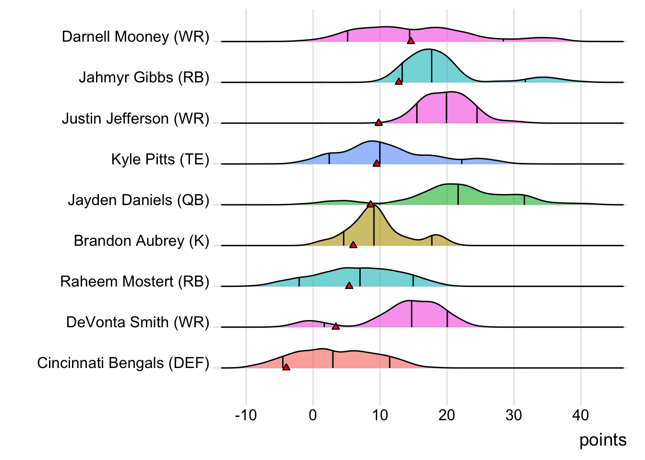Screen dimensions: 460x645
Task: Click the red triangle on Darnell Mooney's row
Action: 411,41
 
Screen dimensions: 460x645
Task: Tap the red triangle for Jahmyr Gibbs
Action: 399,82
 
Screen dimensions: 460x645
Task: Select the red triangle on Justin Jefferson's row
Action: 379,123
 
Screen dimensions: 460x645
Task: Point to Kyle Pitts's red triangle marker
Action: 377,163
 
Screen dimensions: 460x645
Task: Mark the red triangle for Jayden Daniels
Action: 370,204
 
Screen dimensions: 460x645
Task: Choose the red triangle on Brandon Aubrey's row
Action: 353,245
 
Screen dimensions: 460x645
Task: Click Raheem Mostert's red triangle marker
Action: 349,286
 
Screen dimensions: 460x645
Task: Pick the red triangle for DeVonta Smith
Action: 336,326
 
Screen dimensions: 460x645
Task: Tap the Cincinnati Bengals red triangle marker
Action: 287,367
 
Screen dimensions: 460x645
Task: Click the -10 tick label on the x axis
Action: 246,415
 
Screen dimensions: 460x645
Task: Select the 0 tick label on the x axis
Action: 313,415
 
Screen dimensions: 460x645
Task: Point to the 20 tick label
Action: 447,415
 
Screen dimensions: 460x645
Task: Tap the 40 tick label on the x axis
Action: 581,415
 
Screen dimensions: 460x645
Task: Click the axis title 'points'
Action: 603,440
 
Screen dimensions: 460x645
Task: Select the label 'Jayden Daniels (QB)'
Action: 139,200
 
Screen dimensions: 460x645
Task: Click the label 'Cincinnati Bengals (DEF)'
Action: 123,363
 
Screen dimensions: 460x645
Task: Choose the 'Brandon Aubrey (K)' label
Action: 142,241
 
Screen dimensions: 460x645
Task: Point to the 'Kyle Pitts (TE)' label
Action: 160,159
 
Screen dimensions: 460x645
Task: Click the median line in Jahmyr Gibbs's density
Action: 431,66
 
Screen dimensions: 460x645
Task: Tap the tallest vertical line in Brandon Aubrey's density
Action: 374,225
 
